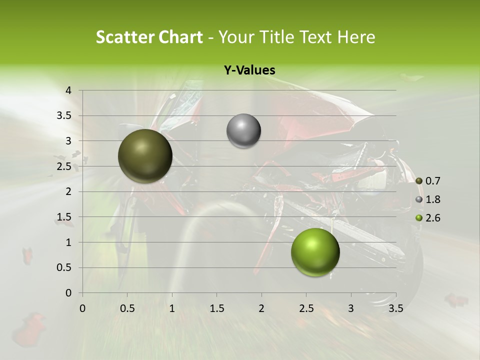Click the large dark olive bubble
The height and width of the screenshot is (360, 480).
coord(145,156)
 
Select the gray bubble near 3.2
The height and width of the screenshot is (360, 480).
coord(243,131)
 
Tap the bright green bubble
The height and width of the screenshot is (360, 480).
coord(315,252)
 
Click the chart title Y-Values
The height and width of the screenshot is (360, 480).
coord(249,70)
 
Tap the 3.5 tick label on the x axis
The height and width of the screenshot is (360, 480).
coord(396,308)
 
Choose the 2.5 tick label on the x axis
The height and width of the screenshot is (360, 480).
coord(306,308)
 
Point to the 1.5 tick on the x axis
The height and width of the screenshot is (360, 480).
coord(216,308)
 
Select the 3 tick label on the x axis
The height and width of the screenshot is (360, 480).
coord(351,308)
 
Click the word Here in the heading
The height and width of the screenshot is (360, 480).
coord(356,37)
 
